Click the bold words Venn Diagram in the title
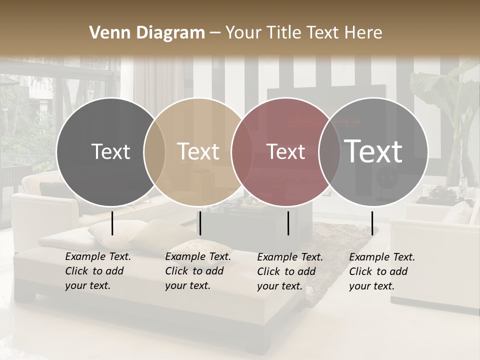coord(147,33)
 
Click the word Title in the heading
coord(282,33)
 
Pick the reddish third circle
coord(280,180)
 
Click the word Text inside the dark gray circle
coord(110,151)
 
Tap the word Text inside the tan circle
coord(198,151)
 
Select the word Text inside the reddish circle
coord(286,151)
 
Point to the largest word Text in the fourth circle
coord(373,151)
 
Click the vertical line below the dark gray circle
coord(112,223)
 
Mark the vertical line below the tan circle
coord(200,223)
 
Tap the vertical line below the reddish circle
coord(288,223)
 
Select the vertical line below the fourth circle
coord(372,223)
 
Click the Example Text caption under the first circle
coord(98,271)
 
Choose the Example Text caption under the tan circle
coord(198,271)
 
